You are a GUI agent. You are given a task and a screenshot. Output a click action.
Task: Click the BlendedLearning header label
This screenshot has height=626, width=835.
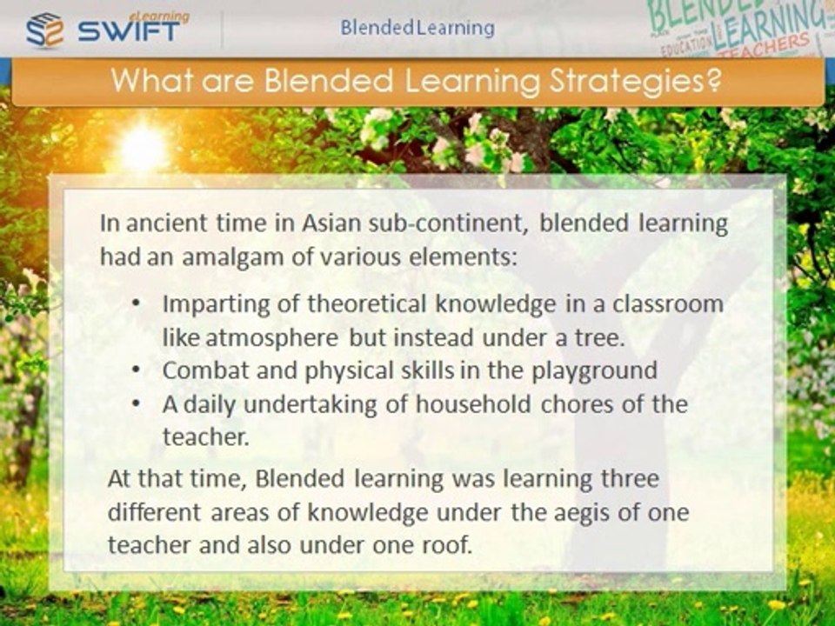[x=417, y=28]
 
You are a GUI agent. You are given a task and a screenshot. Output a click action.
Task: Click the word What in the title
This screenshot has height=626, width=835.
[x=150, y=83]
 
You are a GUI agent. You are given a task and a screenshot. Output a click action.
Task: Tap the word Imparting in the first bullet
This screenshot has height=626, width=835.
[x=208, y=305]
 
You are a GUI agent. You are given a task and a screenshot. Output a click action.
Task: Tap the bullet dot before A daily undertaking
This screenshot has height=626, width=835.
[x=137, y=404]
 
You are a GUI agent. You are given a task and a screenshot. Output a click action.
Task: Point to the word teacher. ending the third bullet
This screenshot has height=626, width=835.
[x=206, y=437]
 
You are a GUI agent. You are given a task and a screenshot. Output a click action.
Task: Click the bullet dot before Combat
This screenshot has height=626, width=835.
[x=137, y=370]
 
